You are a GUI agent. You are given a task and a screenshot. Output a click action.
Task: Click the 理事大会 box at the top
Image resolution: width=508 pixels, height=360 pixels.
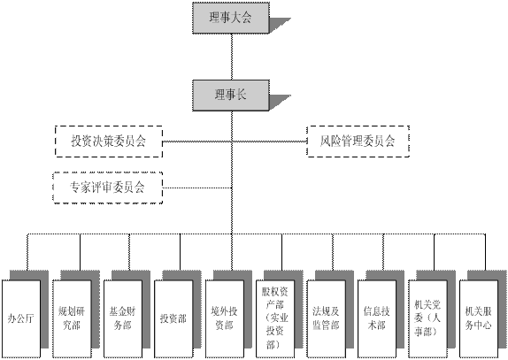click(x=231, y=18)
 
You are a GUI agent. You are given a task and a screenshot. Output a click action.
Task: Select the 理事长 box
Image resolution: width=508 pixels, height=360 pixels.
click(x=231, y=96)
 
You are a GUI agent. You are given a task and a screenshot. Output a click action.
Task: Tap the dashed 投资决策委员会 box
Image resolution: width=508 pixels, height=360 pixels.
click(x=109, y=142)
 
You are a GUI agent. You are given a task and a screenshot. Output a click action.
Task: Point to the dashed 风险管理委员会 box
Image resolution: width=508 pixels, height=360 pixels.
click(x=358, y=142)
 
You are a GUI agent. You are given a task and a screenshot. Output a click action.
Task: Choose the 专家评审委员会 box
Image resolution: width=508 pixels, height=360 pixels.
click(x=108, y=188)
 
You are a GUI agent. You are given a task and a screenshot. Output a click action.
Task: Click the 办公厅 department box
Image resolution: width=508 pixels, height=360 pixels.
click(x=21, y=319)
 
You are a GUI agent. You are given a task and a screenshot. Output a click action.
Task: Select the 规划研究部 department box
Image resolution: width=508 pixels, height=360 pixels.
click(x=72, y=319)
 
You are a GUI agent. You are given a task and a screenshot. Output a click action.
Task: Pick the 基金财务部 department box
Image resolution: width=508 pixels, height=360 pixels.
click(x=123, y=319)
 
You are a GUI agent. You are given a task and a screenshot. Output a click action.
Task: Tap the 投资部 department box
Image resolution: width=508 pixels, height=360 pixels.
click(x=173, y=319)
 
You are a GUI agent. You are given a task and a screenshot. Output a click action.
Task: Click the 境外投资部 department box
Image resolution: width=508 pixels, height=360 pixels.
click(x=225, y=319)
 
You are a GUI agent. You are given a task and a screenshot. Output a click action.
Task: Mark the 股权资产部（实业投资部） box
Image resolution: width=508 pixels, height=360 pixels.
click(x=275, y=319)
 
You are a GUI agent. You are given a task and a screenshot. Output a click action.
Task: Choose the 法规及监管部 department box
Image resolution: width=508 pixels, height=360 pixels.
click(x=327, y=319)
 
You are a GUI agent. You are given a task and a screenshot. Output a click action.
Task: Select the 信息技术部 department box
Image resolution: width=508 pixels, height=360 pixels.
click(x=377, y=319)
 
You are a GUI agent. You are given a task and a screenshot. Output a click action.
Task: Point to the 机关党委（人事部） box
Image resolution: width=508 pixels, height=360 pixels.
click(x=428, y=319)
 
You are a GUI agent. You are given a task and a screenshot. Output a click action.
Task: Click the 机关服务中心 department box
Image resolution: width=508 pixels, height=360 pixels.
click(x=479, y=319)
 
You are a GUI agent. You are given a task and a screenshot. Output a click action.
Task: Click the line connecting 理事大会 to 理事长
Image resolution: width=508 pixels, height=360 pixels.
click(x=232, y=57)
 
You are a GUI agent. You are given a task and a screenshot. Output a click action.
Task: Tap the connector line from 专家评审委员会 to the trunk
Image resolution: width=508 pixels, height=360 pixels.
click(x=197, y=188)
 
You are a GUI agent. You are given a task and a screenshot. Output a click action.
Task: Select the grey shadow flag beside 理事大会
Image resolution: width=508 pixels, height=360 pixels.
click(x=281, y=25)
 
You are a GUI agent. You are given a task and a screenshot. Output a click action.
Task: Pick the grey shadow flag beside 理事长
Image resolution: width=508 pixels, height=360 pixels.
click(x=281, y=103)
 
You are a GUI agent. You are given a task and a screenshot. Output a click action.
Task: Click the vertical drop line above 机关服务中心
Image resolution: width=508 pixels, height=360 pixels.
click(x=485, y=252)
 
